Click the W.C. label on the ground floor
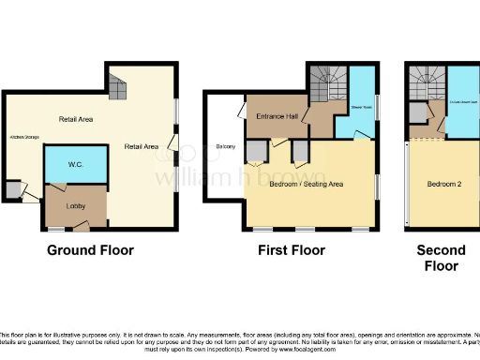tap(76, 165)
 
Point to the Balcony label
tap(225, 146)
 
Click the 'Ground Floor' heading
tap(91, 250)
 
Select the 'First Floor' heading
tap(292, 250)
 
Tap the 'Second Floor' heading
tap(440, 258)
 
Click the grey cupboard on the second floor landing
tap(416, 112)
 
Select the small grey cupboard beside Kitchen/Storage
tap(11, 190)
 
